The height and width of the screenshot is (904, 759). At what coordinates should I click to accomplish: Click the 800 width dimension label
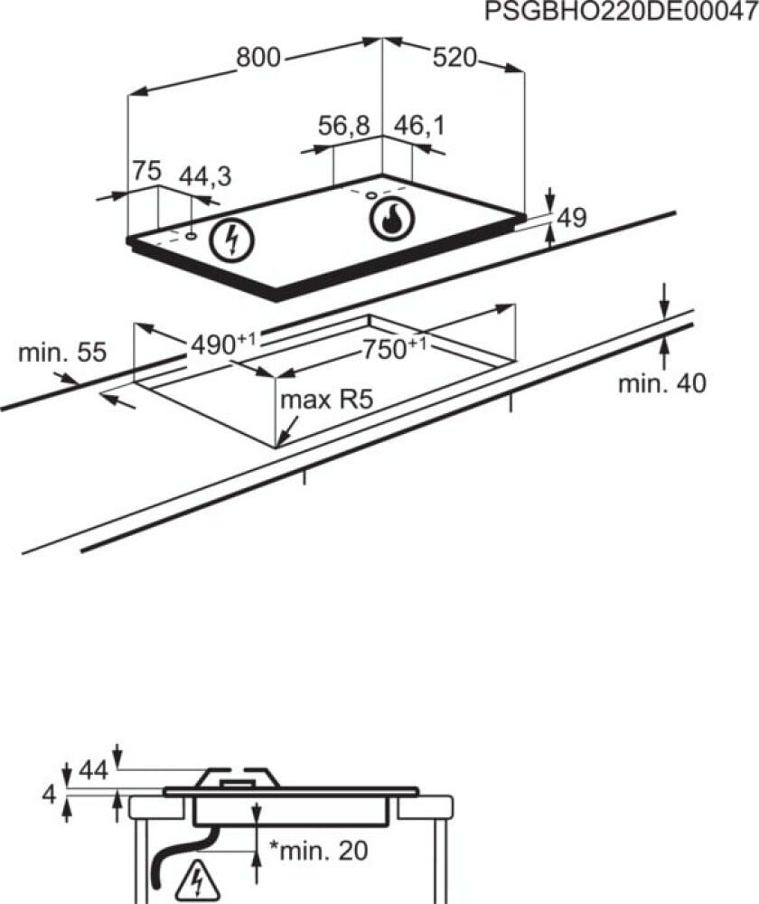click(x=258, y=58)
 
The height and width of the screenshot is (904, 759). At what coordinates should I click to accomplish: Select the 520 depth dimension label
click(x=454, y=58)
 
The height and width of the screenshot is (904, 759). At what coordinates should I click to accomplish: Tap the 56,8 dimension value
click(x=344, y=126)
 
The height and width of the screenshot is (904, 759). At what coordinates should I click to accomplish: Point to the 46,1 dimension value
click(x=419, y=126)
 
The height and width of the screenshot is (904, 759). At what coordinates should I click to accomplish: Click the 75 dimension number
click(x=146, y=171)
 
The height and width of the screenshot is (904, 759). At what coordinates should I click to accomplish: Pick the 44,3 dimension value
click(x=205, y=176)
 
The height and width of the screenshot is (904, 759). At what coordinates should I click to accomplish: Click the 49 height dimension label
click(x=572, y=218)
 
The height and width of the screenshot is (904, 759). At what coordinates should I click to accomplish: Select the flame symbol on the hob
click(x=392, y=221)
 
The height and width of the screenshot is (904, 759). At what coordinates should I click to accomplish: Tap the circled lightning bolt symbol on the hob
click(x=231, y=240)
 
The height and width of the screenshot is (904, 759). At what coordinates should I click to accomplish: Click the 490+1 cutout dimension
click(x=223, y=344)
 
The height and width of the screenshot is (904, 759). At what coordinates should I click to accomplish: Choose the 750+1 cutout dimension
click(x=394, y=348)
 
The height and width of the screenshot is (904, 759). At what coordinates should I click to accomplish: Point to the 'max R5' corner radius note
click(x=327, y=399)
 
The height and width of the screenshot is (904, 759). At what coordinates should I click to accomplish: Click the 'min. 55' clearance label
click(x=62, y=353)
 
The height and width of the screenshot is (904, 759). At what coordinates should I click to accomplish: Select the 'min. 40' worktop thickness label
click(x=661, y=383)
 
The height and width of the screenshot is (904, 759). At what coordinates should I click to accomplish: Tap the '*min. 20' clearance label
click(x=319, y=851)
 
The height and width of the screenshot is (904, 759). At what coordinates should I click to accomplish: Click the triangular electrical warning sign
click(x=197, y=880)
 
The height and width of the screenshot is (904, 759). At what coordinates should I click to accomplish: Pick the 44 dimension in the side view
click(x=93, y=769)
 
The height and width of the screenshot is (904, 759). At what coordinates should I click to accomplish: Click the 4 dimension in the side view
click(x=49, y=795)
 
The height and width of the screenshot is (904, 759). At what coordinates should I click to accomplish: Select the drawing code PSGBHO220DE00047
click(x=622, y=12)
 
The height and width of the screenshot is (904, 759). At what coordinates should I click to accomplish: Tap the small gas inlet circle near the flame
click(x=371, y=195)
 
